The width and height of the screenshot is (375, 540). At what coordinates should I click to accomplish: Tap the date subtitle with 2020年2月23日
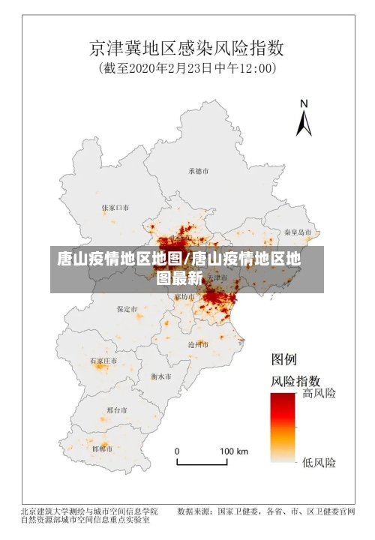tap(187, 69)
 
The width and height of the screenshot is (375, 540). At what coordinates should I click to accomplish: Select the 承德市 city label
tap(199, 171)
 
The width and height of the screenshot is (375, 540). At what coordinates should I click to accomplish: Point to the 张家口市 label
tap(115, 207)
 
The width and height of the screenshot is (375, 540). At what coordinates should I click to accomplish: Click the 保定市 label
tap(127, 308)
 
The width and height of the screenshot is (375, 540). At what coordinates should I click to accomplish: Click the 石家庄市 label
tap(103, 361)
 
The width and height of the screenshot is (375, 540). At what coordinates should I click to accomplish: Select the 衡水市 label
tap(160, 375)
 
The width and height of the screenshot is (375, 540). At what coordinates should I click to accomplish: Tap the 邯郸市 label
tap(102, 448)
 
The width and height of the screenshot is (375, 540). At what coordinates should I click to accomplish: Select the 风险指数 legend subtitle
tap(295, 380)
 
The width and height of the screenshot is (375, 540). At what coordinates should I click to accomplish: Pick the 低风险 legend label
tap(319, 462)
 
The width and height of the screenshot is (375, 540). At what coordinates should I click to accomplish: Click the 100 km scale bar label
tap(233, 451)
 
